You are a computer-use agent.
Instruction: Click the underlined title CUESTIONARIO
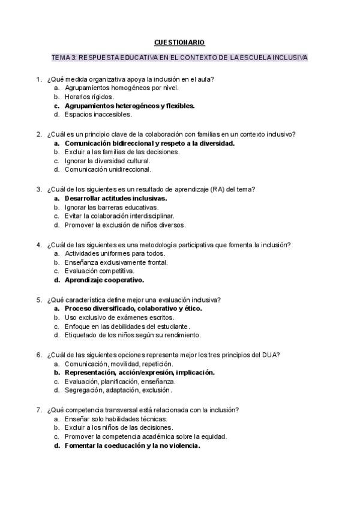179,42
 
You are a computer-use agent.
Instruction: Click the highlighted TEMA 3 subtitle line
180,58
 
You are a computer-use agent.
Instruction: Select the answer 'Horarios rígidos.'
89,96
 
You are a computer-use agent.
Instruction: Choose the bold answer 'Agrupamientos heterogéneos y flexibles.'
130,105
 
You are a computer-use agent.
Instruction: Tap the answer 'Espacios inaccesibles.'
98,114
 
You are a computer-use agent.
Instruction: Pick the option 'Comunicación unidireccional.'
108,169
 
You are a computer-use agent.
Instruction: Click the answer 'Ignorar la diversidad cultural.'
107,161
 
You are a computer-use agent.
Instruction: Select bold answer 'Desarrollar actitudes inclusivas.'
116,197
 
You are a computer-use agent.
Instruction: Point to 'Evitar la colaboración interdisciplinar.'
119,216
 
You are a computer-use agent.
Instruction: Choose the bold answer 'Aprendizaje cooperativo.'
104,280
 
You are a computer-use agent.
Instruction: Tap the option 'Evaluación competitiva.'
100,271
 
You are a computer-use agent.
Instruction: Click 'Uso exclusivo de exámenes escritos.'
119,317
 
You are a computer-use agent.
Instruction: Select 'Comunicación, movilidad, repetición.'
119,363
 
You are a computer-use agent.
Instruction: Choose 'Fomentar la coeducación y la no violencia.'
132,445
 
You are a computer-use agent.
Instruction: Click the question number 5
38,299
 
